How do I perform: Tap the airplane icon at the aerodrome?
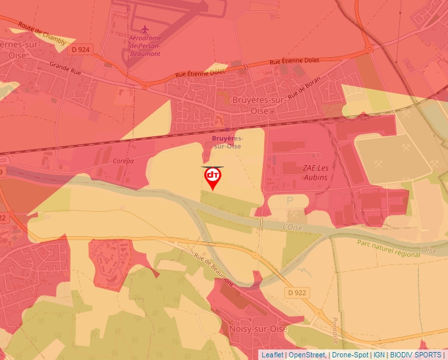(x=146, y=30)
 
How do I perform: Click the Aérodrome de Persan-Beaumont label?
(x=145, y=45)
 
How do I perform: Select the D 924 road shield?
(x=81, y=49)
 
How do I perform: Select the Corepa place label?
(x=123, y=161)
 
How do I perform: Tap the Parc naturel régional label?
(x=389, y=245)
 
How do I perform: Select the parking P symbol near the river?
(x=289, y=200)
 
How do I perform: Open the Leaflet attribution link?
(x=272, y=355)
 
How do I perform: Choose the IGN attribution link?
(x=379, y=355)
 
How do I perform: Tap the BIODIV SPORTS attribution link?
(x=415, y=355)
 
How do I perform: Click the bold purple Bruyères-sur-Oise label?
(x=227, y=142)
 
